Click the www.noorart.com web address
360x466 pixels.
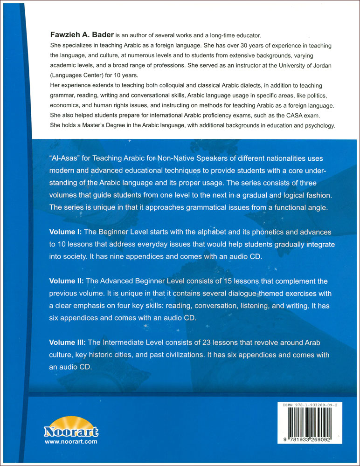[71, 441]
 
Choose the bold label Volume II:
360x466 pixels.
[69, 281]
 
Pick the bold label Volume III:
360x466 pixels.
[70, 343]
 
